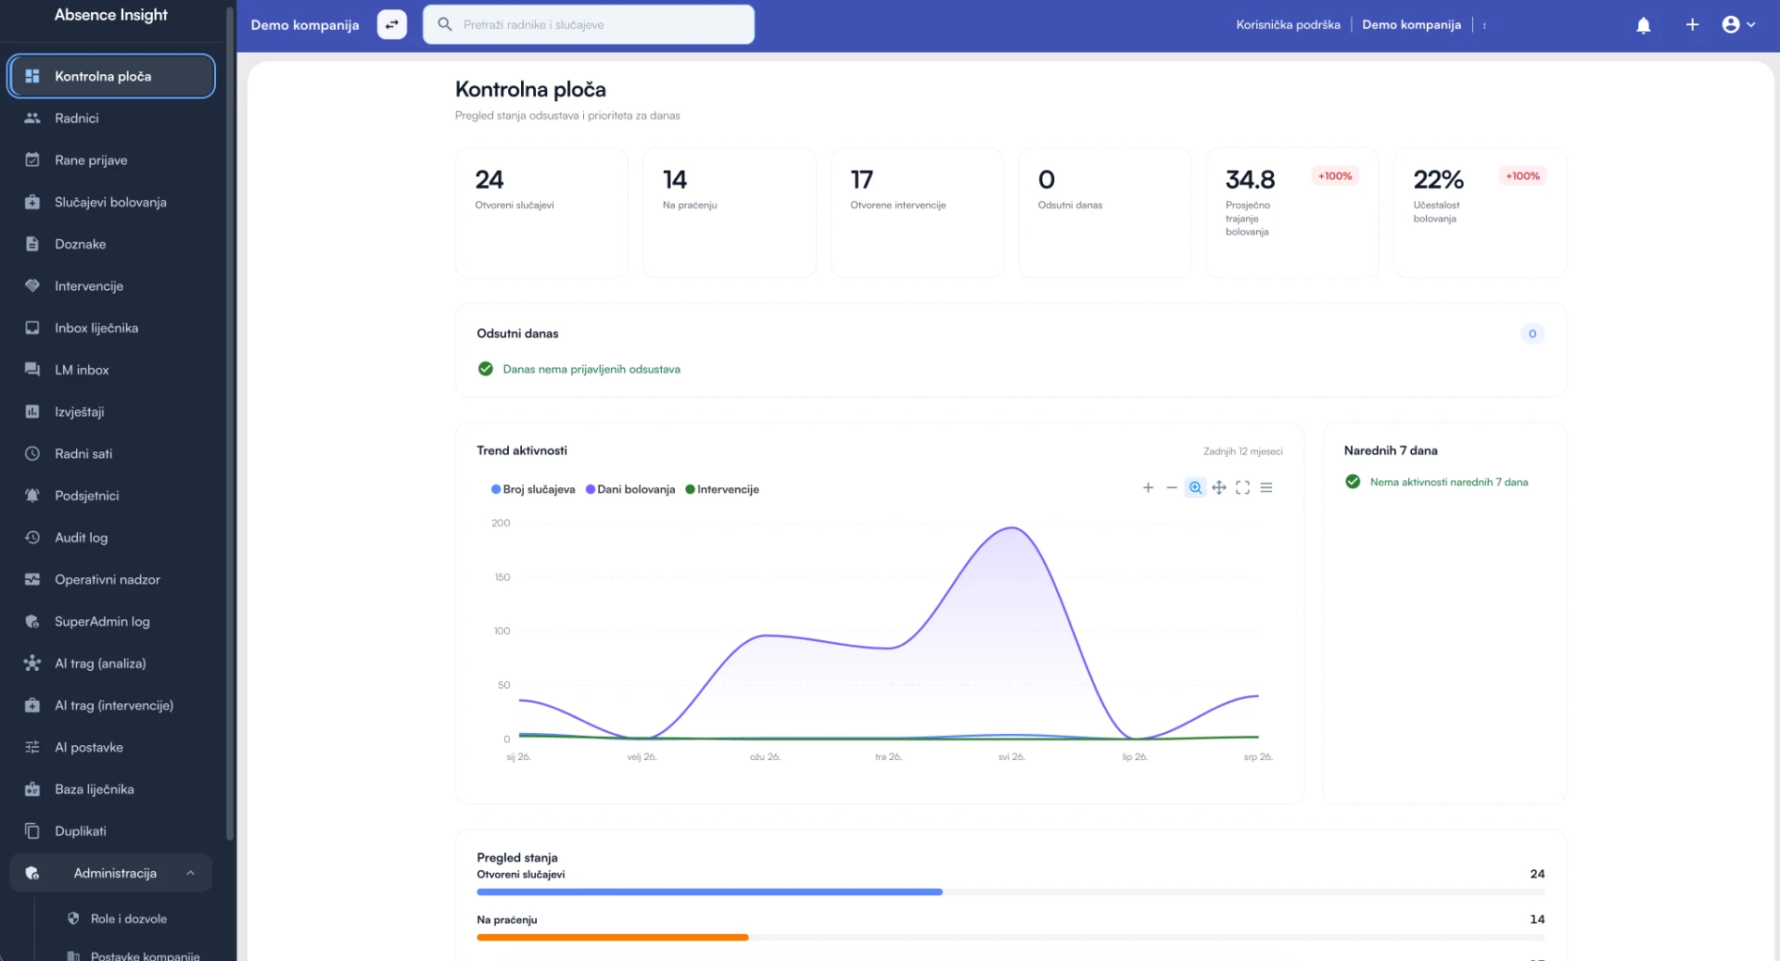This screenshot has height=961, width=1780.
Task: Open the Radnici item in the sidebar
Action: click(76, 118)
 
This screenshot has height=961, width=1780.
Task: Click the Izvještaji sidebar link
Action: click(79, 411)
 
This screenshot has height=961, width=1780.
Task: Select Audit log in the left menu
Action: click(81, 537)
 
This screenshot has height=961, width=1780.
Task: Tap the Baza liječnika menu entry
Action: click(94, 790)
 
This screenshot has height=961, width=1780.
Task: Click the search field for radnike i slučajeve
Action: click(589, 24)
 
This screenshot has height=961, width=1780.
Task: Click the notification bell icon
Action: click(1643, 25)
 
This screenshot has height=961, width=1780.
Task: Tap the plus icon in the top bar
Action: click(1692, 25)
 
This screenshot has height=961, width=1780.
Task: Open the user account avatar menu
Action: click(1738, 25)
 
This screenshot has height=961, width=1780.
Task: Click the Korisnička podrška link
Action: click(1288, 25)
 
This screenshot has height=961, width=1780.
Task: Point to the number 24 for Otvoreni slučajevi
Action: click(489, 179)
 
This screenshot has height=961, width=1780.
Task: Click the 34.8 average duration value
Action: click(1250, 179)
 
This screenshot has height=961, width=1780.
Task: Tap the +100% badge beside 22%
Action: click(1522, 176)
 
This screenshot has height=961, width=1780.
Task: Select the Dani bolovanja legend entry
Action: click(630, 489)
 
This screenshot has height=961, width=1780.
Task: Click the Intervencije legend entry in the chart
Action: click(722, 489)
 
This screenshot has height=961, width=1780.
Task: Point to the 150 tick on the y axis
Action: click(502, 577)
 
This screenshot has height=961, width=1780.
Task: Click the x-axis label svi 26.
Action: click(1011, 757)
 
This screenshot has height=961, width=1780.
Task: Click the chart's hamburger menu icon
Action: click(1266, 487)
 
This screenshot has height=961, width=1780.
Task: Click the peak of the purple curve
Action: click(1011, 528)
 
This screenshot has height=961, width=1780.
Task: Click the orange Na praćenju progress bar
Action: click(613, 938)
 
